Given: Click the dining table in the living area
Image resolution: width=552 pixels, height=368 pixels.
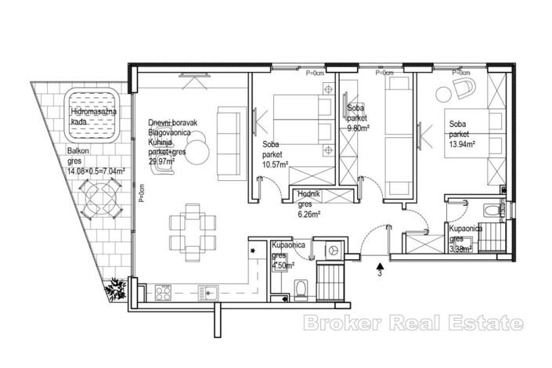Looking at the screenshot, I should point(193,228).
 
